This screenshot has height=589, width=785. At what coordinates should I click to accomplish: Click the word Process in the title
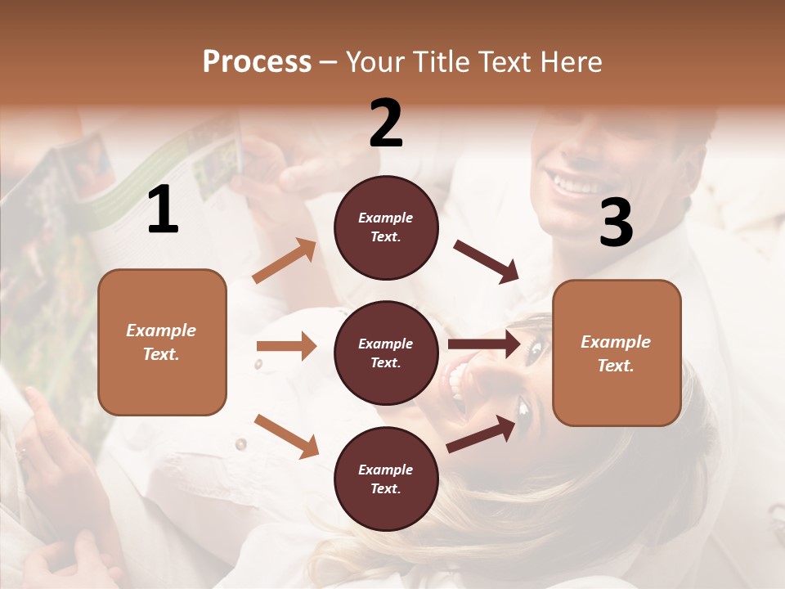point(257,61)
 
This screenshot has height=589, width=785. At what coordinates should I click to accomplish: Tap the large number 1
point(164,210)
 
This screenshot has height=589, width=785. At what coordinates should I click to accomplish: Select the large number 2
point(386,124)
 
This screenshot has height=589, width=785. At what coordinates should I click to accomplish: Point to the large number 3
point(616,223)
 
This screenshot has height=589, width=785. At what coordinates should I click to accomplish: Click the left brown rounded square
point(162,342)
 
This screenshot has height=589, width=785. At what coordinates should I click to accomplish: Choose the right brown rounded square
point(617,353)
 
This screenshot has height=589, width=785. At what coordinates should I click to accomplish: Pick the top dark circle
point(386,227)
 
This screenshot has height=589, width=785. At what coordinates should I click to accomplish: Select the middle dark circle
point(386,353)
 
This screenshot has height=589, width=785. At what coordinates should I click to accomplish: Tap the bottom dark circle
point(386,479)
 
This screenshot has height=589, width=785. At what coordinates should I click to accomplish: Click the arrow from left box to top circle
point(285,261)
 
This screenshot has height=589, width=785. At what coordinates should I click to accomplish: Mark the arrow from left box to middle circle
point(286,346)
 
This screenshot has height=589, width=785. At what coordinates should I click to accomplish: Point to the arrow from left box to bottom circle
point(286,435)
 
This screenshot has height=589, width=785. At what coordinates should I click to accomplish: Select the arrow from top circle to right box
point(487,261)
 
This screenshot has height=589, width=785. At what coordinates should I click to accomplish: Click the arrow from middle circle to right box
point(484,344)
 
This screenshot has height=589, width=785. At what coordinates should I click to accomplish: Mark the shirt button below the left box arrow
point(240,444)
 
